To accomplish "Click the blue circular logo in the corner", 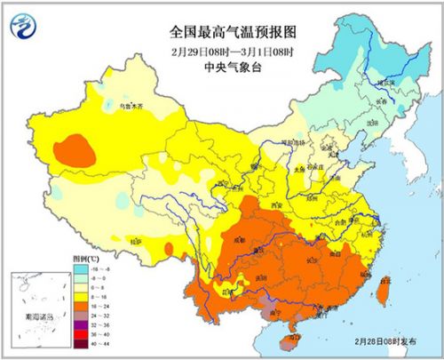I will (29, 29).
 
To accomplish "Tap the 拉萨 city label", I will (134, 240).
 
